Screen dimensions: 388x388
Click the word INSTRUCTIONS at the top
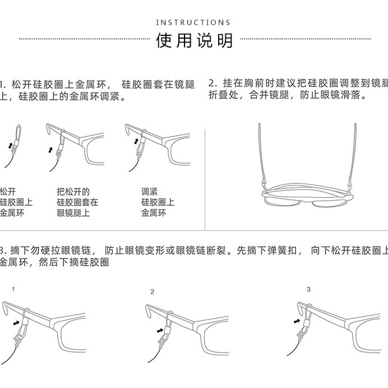pyautogui.click(x=193, y=22)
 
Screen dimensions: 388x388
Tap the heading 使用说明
pyautogui.click(x=194, y=41)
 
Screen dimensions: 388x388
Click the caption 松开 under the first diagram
pyautogui.click(x=9, y=191)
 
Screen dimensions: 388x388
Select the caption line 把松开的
pyautogui.click(x=73, y=191)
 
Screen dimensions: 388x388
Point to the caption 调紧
pyautogui.click(x=149, y=191)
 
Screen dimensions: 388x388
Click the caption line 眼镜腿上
pyautogui.click(x=73, y=213)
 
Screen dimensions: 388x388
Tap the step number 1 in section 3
pyautogui.click(x=13, y=289)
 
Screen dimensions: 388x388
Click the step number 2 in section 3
pyautogui.click(x=152, y=292)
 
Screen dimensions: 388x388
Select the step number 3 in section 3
pyautogui.click(x=308, y=289)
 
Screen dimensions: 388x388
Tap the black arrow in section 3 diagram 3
pyautogui.click(x=297, y=321)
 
